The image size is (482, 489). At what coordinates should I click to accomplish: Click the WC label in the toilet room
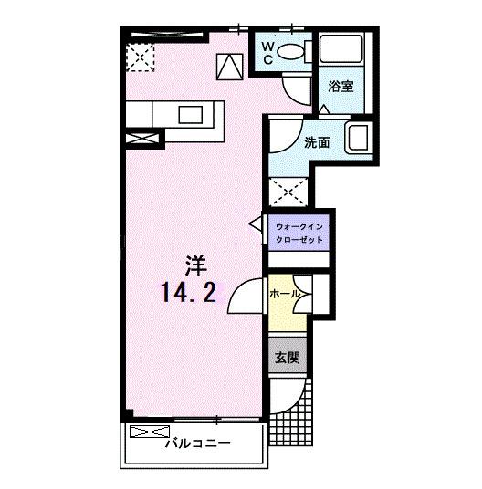(x=267, y=53)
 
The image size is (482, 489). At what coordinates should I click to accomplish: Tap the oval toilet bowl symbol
(x=290, y=51)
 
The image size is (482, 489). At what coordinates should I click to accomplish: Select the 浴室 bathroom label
(x=341, y=86)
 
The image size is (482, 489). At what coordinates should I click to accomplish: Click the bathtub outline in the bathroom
(x=341, y=48)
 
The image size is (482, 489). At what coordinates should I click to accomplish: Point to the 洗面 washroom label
(x=317, y=142)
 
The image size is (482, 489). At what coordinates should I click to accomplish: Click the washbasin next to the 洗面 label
(x=359, y=138)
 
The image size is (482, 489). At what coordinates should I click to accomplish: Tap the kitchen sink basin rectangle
(x=190, y=114)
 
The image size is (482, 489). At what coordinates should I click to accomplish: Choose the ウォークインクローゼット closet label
(x=299, y=234)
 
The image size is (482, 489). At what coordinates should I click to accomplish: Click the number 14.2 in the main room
(x=189, y=293)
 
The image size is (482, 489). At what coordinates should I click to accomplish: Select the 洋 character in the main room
(x=195, y=265)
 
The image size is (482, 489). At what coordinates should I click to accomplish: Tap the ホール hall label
(x=285, y=294)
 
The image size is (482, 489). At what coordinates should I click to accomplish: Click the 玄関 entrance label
(x=288, y=357)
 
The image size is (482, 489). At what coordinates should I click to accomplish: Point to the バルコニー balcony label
(x=198, y=442)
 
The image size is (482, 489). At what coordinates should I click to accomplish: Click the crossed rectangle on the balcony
(x=150, y=432)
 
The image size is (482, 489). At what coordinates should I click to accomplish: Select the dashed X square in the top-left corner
(x=140, y=57)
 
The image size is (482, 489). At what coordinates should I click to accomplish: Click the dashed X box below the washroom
(x=288, y=192)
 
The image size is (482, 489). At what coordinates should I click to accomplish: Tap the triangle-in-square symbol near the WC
(x=230, y=67)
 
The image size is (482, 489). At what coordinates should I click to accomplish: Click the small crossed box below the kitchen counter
(x=141, y=138)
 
